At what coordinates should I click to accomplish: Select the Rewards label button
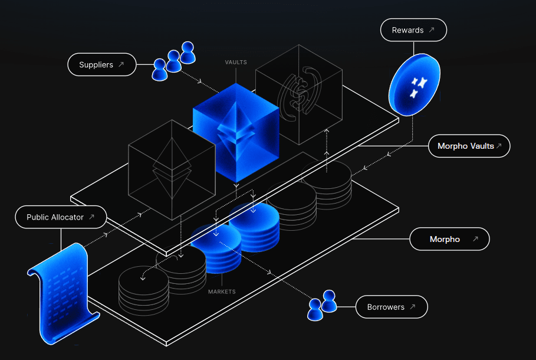pyautogui.click(x=413, y=30)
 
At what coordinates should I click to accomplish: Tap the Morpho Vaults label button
pyautogui.click(x=469, y=146)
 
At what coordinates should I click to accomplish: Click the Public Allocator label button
pyautogui.click(x=61, y=217)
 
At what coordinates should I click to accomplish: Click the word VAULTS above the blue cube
pyautogui.click(x=236, y=62)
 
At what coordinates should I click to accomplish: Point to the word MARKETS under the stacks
pyautogui.click(x=222, y=292)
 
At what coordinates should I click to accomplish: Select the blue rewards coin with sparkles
pyautogui.click(x=415, y=84)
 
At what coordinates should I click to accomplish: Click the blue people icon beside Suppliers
pyautogui.click(x=173, y=60)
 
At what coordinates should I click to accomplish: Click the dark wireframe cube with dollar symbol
pyautogui.click(x=299, y=94)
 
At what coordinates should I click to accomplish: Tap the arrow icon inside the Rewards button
pyautogui.click(x=432, y=30)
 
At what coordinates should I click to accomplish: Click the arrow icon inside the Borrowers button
pyautogui.click(x=412, y=307)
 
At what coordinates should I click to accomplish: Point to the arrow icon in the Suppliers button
pyautogui.click(x=121, y=65)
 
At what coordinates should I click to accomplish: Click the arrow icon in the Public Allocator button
pyautogui.click(x=91, y=217)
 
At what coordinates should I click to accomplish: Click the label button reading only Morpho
pyautogui.click(x=450, y=240)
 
